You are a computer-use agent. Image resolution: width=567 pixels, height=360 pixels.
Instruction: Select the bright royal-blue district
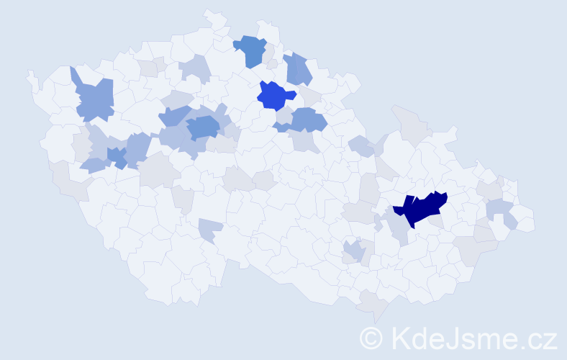point(276,95)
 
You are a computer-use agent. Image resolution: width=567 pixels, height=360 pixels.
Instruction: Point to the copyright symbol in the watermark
point(372,337)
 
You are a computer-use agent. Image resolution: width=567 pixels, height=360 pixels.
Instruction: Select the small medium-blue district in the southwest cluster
point(117,156)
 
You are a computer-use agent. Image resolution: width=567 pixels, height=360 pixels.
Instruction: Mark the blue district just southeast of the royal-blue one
point(308,120)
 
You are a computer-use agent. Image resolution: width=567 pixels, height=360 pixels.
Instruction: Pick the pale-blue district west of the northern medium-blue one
point(196,68)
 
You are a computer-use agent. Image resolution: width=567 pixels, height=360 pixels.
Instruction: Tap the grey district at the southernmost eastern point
point(374,305)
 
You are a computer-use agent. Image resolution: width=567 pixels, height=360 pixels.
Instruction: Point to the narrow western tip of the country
point(30,76)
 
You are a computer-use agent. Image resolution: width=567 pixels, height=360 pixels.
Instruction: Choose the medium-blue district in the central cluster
point(204,127)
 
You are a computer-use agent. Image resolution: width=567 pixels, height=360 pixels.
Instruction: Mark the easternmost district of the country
point(525,222)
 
